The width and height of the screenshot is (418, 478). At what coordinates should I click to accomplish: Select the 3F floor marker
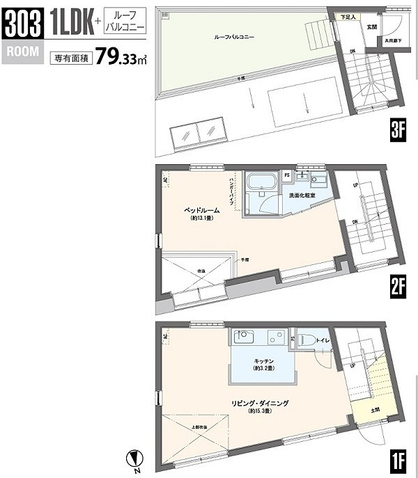(398, 130)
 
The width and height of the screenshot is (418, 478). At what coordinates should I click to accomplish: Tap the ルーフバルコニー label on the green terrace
(234, 38)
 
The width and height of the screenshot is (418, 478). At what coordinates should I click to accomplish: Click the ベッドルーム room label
(202, 209)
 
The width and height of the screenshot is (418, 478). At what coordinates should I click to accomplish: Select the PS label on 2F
(287, 174)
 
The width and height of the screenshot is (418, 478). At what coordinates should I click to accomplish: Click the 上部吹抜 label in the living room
(198, 426)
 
